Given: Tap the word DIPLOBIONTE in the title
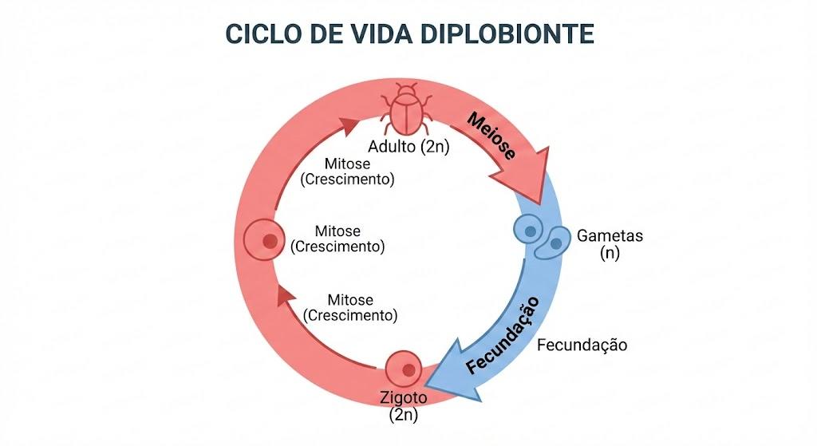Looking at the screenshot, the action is [507, 34].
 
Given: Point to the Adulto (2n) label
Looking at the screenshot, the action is [408, 147].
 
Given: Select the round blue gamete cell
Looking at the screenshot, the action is [530, 229].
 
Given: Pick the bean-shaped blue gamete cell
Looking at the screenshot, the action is [554, 243].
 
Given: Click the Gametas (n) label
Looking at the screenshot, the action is [610, 244].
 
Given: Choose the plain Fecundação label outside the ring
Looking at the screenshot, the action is [582, 345].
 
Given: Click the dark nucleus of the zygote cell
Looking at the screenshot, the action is [408, 370].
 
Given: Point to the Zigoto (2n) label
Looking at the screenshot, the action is [403, 406].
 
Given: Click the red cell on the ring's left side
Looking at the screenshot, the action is [264, 239].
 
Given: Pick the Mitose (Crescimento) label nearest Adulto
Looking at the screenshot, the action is [347, 172].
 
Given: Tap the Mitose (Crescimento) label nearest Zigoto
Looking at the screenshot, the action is [349, 307].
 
